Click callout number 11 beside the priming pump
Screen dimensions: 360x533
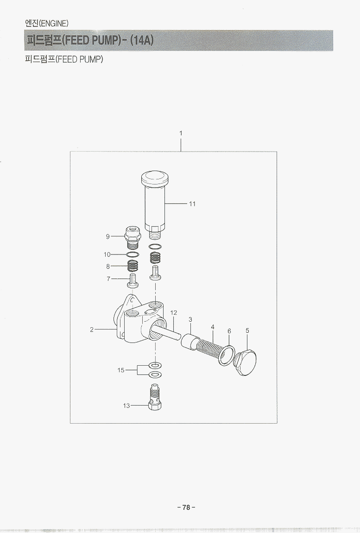click(192, 204)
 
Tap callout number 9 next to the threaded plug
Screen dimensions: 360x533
click(108, 236)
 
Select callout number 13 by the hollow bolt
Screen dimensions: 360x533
click(126, 406)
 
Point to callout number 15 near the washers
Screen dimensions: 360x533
click(121, 370)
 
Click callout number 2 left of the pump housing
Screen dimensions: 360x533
click(92, 330)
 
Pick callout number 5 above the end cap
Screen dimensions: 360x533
click(247, 330)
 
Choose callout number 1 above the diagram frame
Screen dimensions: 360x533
click(181, 133)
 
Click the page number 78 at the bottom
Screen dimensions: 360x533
click(186, 508)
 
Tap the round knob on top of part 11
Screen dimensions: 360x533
click(155, 178)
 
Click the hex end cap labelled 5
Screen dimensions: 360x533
click(246, 362)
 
